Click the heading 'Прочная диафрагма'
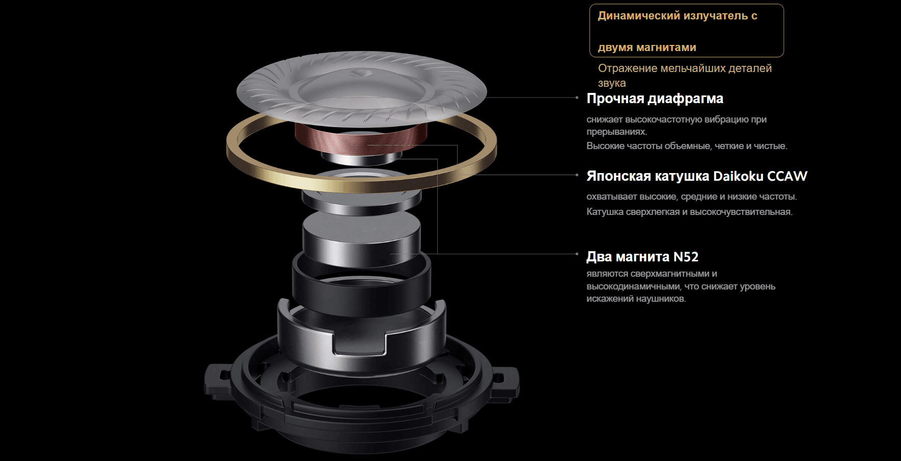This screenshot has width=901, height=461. pyautogui.click(x=655, y=99)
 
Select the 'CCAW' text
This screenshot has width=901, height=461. pyautogui.click(x=787, y=176)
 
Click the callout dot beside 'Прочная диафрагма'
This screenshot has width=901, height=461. pyautogui.click(x=577, y=98)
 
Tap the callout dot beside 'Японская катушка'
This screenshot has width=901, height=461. pyautogui.click(x=577, y=175)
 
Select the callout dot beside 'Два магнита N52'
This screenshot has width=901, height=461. pyautogui.click(x=577, y=254)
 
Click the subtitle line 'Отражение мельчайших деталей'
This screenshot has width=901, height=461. pyautogui.click(x=685, y=68)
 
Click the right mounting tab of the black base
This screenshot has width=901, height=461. pyautogui.click(x=505, y=381)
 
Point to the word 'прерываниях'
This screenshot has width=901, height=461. pyautogui.click(x=617, y=132)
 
